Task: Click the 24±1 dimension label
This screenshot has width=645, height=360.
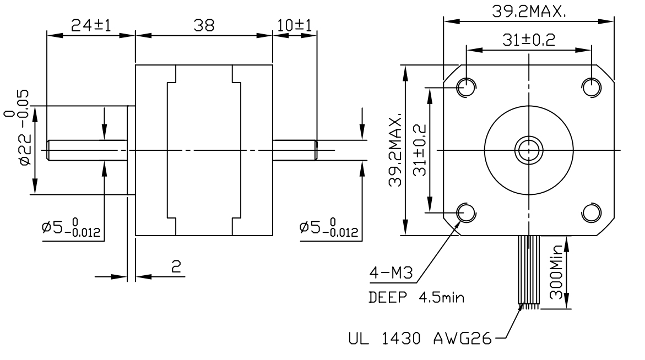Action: tap(91, 25)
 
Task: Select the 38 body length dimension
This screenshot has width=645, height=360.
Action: tap(203, 25)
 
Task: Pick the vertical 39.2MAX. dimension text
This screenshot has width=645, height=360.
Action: tap(395, 151)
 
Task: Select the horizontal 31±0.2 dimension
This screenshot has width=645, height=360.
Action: tap(528, 40)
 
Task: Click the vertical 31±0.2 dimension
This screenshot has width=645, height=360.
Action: tap(420, 150)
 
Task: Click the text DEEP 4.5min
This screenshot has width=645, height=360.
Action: tap(415, 298)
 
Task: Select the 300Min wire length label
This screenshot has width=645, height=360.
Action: tap(557, 272)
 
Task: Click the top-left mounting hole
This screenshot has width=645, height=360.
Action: tap(466, 86)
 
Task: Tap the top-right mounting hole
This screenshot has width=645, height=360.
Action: tap(592, 86)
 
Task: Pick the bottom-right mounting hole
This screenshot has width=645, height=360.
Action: tap(592, 212)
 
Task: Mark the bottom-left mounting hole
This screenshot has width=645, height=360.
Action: tap(466, 212)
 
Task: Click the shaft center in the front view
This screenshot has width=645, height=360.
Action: tap(528, 149)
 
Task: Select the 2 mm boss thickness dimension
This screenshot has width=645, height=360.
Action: tap(176, 268)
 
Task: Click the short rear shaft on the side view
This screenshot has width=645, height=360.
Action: tap(294, 150)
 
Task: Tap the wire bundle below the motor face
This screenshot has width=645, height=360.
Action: tap(528, 269)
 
